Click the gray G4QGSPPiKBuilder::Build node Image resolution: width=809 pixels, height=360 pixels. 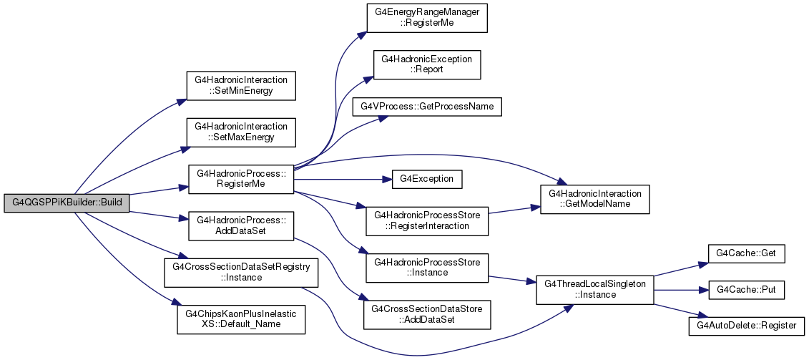coord(67,203)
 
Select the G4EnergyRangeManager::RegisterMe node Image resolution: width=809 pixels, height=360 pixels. coord(427,19)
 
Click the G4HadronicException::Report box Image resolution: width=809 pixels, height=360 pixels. coord(427,65)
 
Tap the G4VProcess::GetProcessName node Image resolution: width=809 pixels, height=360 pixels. coord(427,107)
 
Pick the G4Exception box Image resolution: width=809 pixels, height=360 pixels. coord(427,179)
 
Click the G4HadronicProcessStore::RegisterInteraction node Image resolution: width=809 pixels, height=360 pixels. coord(427,220)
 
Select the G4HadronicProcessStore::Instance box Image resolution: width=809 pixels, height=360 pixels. coord(427,268)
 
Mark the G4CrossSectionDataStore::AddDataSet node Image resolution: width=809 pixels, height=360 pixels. coord(427,315)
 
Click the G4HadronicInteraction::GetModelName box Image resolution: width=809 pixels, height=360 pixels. coord(595,200)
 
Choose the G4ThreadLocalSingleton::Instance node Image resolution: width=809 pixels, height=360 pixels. coord(595,290)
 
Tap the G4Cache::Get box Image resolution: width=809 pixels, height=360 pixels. coord(745,253)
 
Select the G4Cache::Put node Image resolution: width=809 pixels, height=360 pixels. coord(745,291)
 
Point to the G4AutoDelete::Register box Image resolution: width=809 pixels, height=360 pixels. coord(745,326)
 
